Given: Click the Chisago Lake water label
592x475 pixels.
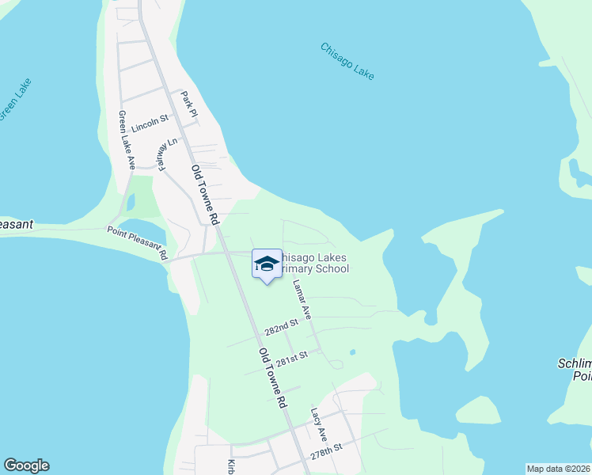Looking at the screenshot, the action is click(347, 60).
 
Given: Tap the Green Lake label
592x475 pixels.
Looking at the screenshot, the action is click(14, 100).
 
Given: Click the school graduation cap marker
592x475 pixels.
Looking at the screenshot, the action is click(267, 264).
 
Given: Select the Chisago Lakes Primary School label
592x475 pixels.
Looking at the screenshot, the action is click(315, 264).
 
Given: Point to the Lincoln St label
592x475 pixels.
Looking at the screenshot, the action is click(150, 122).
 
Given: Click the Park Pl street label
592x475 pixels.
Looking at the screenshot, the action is click(188, 106).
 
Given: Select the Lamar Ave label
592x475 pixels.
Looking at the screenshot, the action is click(302, 299).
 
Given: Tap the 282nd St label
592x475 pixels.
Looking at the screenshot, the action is click(282, 326).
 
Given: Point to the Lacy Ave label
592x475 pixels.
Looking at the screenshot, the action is click(319, 424).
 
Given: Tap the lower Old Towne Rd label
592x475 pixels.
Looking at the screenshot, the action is click(272, 377).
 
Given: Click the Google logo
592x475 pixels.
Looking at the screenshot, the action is click(26, 465).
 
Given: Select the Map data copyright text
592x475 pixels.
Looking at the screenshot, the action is click(558, 469).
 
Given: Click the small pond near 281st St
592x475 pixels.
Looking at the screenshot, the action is click(352, 352).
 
